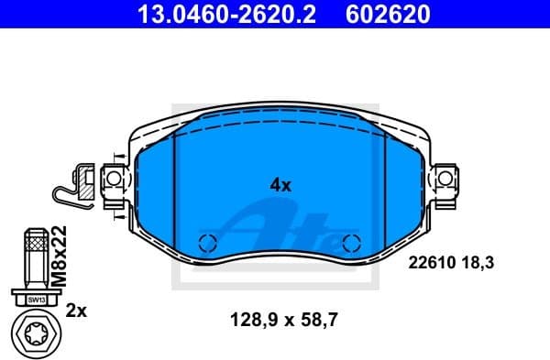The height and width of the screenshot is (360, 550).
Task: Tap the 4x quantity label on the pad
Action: coord(280,184)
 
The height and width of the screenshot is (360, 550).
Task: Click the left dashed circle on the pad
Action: coord(207,244)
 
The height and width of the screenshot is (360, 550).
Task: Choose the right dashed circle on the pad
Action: coord(349,244)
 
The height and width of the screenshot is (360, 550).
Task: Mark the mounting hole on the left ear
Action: coord(115,176)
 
